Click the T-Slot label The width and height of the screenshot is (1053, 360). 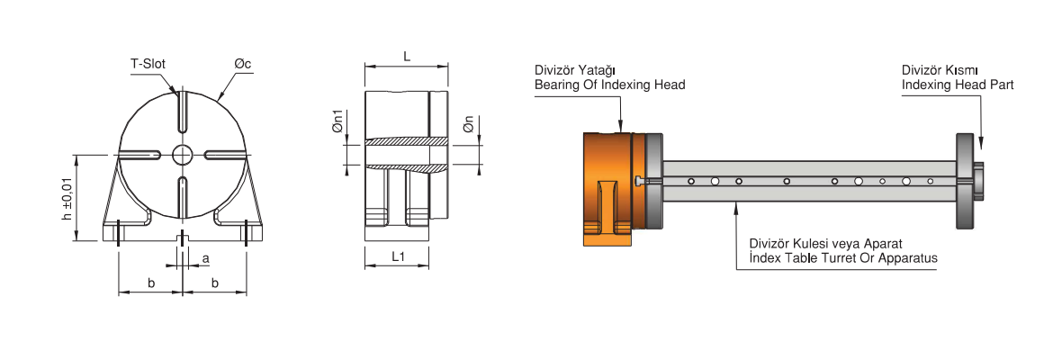click(x=148, y=64)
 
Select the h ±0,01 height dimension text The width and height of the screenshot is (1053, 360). click(x=66, y=198)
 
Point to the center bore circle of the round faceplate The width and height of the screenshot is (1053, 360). click(x=183, y=153)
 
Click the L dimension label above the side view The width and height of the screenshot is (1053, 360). click(x=407, y=56)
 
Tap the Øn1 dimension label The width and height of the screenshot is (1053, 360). click(x=337, y=123)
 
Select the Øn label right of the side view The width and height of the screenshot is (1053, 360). click(x=468, y=124)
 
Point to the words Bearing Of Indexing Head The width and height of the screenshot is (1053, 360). click(x=609, y=85)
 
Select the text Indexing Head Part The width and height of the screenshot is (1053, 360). click(x=958, y=85)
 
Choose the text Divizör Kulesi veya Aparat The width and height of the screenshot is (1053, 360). click(x=825, y=244)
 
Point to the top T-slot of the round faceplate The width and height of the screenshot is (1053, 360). click(x=182, y=113)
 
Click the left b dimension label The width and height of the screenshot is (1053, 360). click(x=151, y=283)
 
